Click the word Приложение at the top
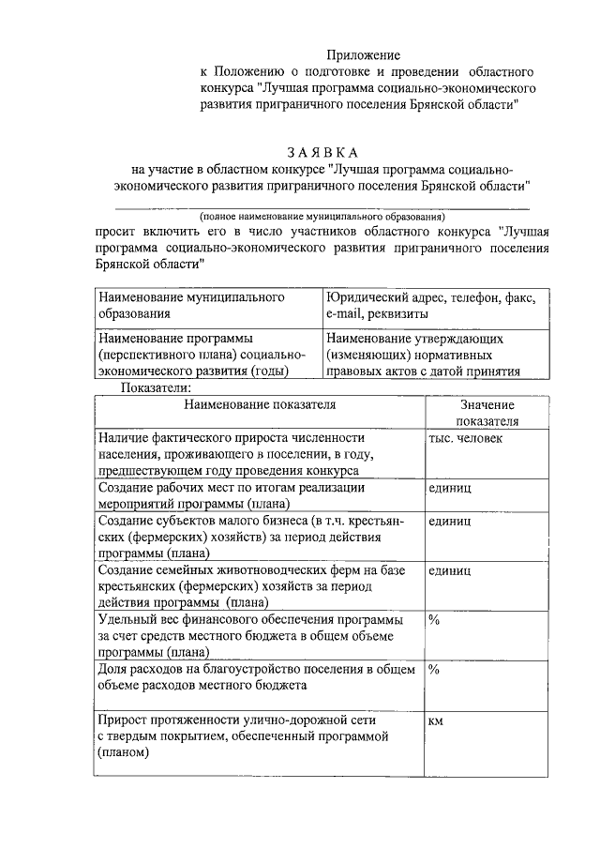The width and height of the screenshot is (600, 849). tap(368, 56)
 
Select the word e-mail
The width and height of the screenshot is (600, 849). tap(344, 313)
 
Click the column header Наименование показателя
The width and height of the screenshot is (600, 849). tap(260, 404)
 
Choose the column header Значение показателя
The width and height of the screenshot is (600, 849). tap(487, 413)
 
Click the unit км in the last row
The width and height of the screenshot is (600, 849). tap(435, 721)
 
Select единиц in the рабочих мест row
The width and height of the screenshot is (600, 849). tap(449, 489)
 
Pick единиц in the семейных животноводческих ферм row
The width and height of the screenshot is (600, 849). tap(449, 569)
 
